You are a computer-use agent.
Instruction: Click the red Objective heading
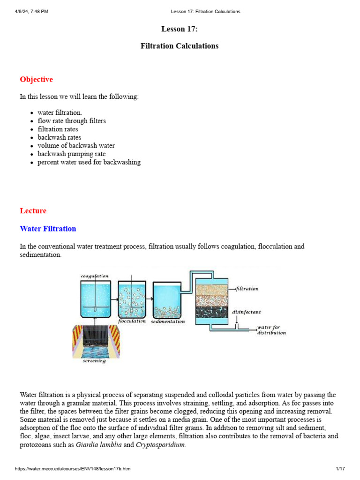coord(36,80)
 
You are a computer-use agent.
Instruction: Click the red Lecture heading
coord(33,211)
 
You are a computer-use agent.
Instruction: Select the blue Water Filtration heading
coord(48,229)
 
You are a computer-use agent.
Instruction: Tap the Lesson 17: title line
coord(180,29)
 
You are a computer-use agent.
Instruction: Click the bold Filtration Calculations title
coord(180,46)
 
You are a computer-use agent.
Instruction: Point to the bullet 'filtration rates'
coord(58,129)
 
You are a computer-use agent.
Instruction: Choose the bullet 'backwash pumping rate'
coord(71,154)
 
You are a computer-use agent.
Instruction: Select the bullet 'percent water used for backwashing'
coord(89,162)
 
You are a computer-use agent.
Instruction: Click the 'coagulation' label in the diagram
coord(95,276)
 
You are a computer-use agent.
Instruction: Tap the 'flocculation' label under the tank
coord(132,322)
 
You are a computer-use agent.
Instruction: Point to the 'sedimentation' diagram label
coord(168,322)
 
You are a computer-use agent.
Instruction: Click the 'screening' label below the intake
coord(94,361)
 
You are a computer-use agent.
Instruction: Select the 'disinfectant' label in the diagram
coord(247,311)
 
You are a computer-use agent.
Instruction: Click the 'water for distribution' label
coord(271,330)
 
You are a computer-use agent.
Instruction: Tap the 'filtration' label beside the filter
coord(247,289)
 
